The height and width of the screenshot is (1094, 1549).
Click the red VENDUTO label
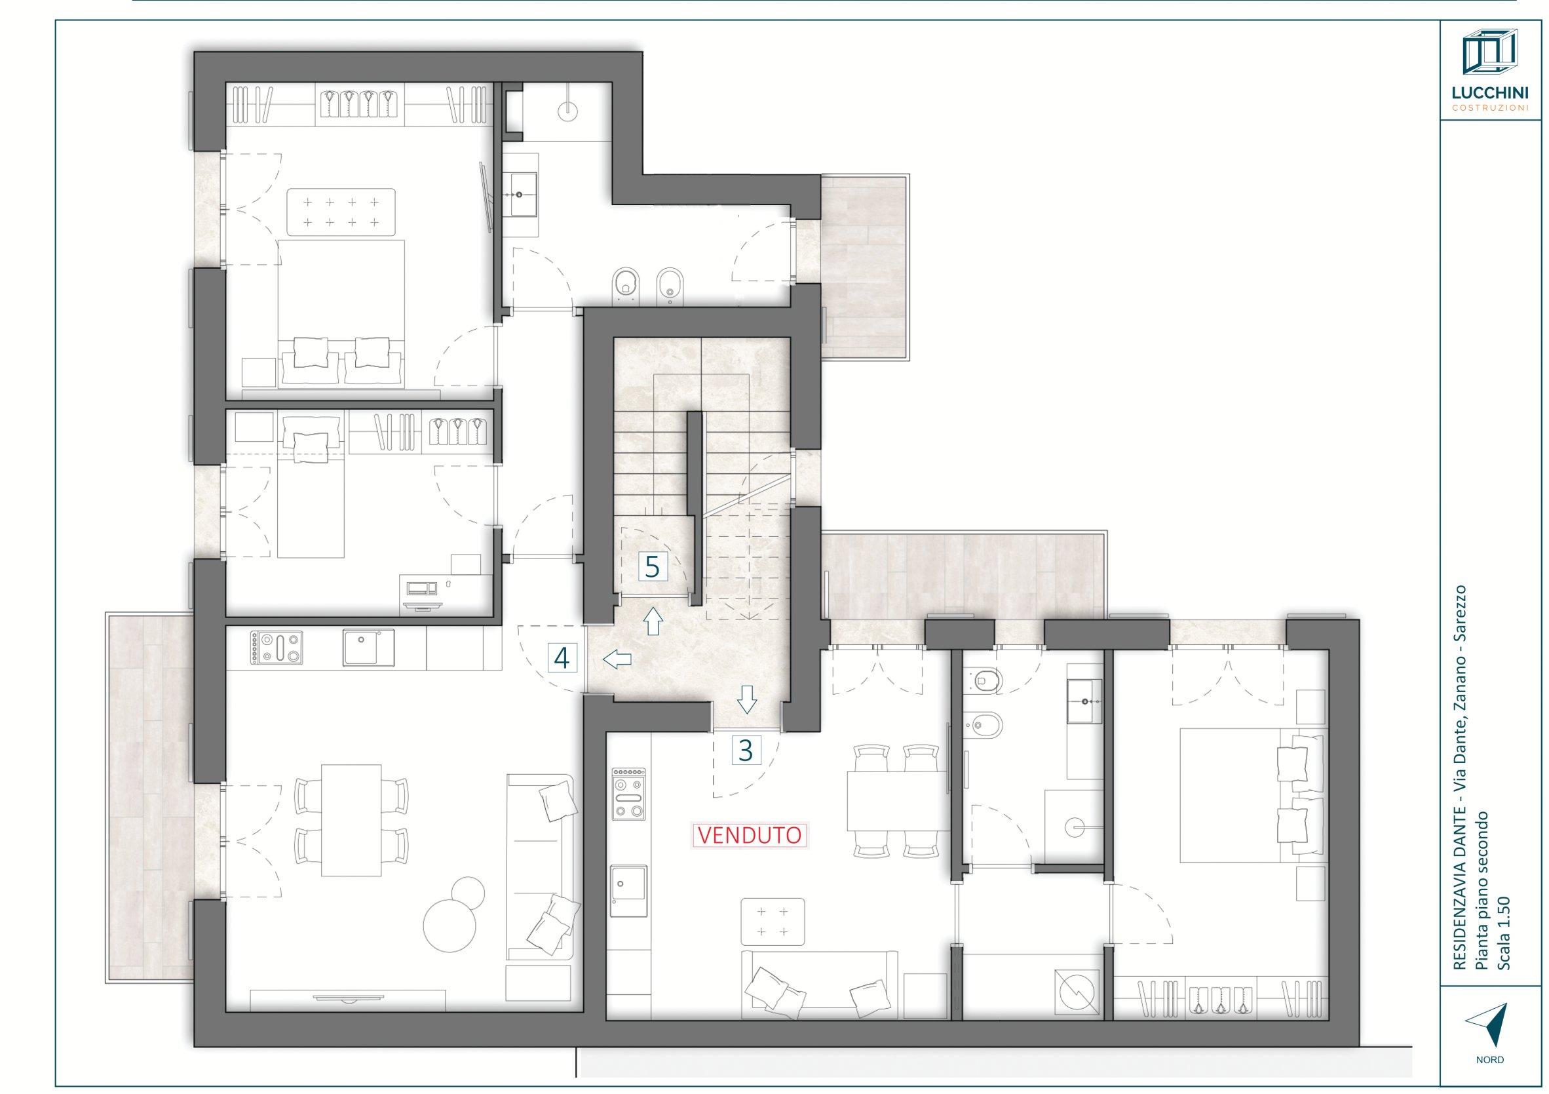point(750,836)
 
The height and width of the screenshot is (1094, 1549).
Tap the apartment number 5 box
point(653,567)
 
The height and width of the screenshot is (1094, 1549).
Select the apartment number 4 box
point(562,657)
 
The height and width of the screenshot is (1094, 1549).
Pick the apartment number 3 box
point(746,750)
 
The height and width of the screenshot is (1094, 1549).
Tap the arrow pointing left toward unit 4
point(617,659)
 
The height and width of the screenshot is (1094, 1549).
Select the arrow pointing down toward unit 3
point(746,700)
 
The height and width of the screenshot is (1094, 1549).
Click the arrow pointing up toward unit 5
point(653,621)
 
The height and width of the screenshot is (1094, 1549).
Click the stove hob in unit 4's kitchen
point(277,648)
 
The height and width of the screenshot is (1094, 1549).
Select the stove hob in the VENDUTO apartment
point(629,794)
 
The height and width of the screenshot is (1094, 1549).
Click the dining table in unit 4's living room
point(351,820)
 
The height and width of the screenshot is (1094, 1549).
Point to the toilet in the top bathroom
point(627,284)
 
